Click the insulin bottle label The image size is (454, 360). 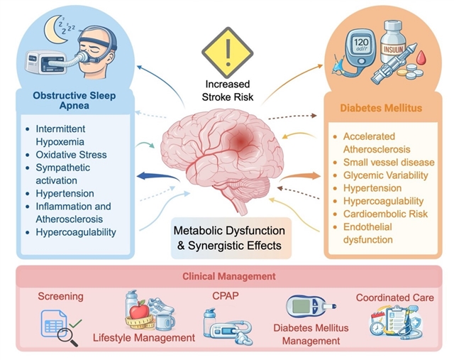(393, 48)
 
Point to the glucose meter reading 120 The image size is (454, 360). (361, 44)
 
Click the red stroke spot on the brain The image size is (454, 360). (240, 141)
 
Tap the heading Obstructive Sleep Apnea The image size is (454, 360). (74, 100)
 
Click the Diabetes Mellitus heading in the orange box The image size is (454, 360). (381, 108)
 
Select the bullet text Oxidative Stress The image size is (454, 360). (71, 155)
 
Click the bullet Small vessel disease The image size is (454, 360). (389, 163)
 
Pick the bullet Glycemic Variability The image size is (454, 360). (386, 175)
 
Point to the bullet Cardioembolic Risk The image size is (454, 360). (385, 214)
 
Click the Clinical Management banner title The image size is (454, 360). (228, 276)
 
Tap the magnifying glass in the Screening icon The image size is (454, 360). (67, 337)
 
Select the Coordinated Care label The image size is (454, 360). (395, 298)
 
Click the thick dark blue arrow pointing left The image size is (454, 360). (157, 177)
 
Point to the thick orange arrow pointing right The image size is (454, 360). (300, 176)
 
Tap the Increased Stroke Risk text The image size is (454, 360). (228, 90)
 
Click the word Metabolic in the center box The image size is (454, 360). (199, 231)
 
